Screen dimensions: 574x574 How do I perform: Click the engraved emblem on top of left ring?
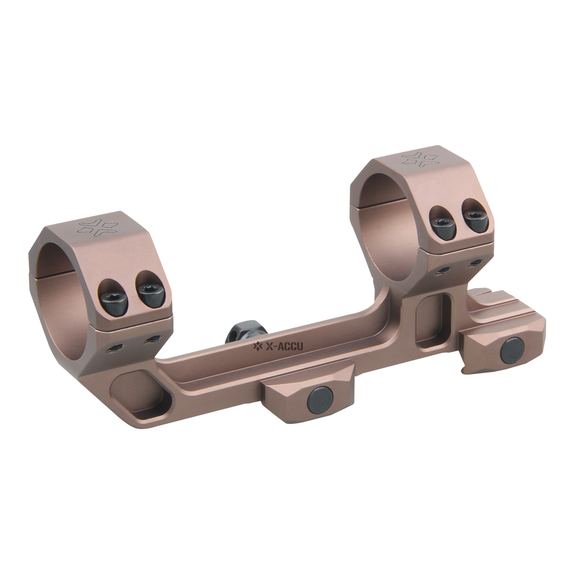click(x=100, y=227)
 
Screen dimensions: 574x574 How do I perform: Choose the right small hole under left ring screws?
click(x=153, y=339)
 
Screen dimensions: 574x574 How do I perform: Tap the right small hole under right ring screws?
click(x=475, y=263)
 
